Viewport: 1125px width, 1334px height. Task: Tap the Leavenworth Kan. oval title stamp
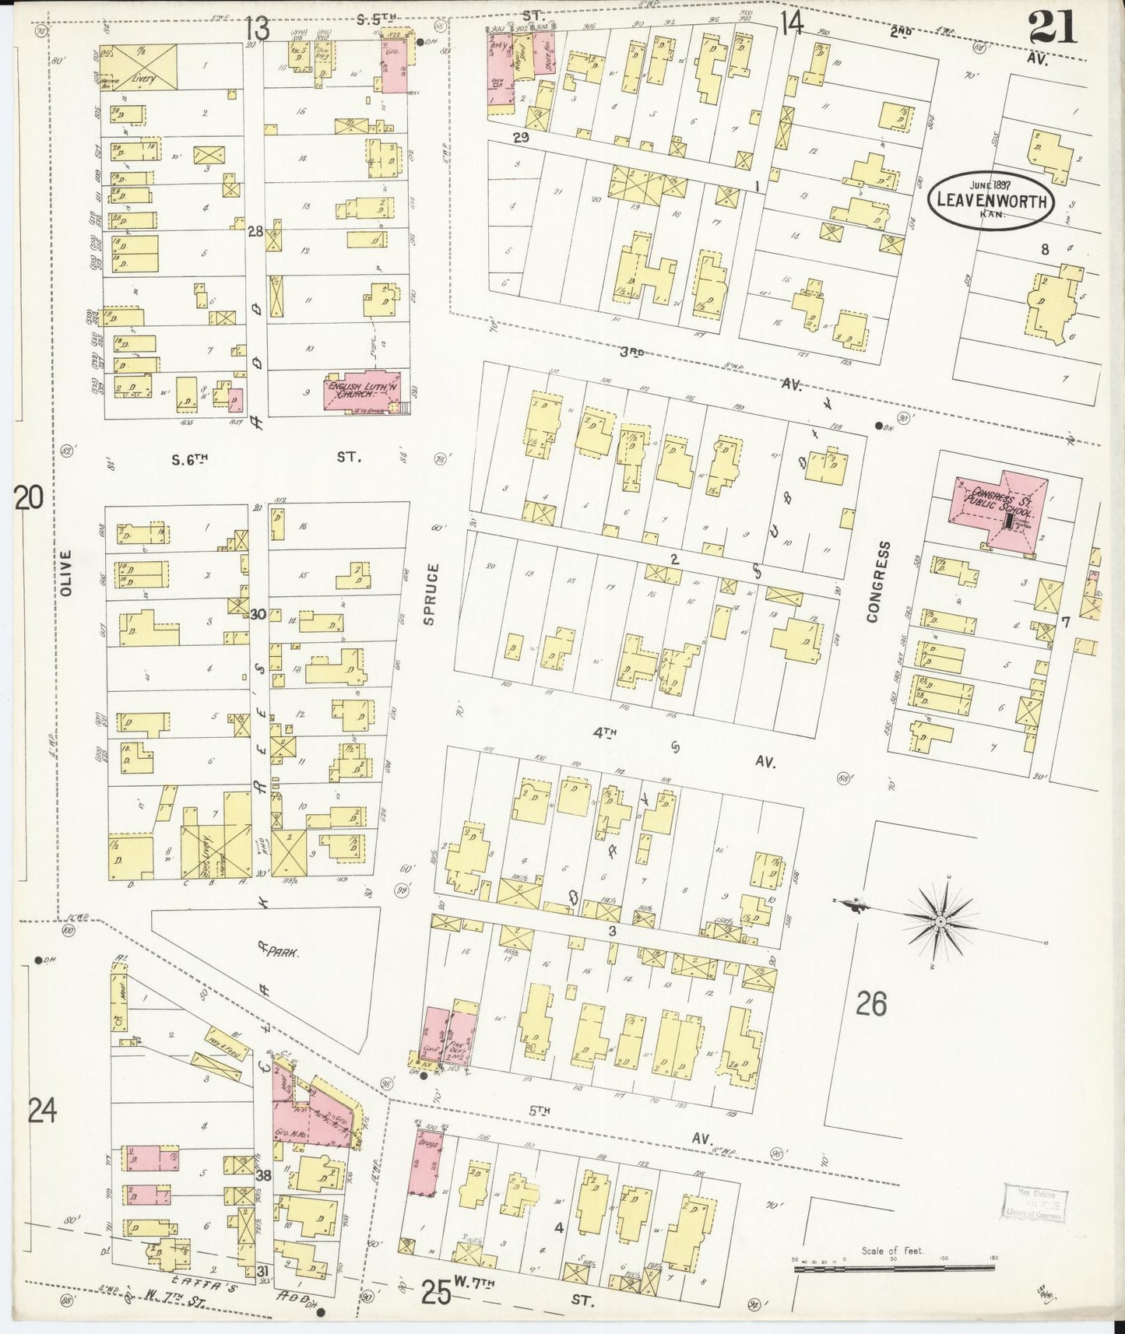click(991, 201)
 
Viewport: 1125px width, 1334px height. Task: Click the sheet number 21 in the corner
click(1052, 27)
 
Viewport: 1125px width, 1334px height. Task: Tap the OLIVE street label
click(65, 573)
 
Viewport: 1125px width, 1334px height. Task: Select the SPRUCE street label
click(433, 594)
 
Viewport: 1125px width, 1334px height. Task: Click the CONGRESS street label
click(873, 581)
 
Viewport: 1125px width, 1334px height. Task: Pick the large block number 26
click(870, 1004)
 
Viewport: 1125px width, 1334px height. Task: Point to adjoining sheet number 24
click(42, 1112)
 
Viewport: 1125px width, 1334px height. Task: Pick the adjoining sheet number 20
click(28, 497)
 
